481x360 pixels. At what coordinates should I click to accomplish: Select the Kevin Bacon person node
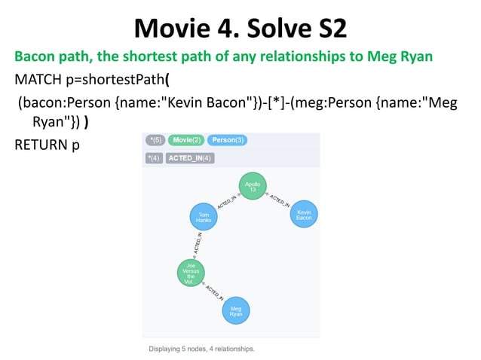click(x=304, y=214)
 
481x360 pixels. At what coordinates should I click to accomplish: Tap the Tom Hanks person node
click(x=203, y=217)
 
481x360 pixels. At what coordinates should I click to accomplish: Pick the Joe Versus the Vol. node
click(x=191, y=274)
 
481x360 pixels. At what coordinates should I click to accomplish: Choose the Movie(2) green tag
click(x=186, y=140)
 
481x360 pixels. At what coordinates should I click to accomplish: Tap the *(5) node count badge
click(x=156, y=140)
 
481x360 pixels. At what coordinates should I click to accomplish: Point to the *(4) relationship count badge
click(x=155, y=158)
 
